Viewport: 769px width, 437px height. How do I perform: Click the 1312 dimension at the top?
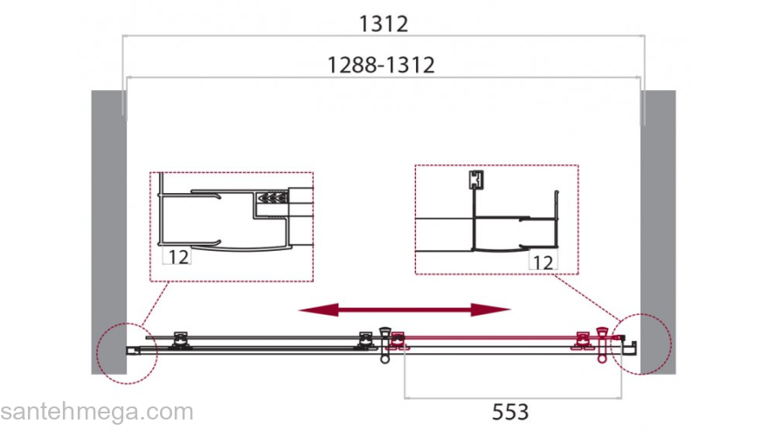tap(384, 24)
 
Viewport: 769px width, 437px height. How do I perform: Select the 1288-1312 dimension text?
tap(381, 66)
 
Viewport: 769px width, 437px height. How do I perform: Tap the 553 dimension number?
tap(510, 412)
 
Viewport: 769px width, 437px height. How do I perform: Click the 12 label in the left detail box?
tap(178, 256)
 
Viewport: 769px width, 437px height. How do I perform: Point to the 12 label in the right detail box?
tap(543, 262)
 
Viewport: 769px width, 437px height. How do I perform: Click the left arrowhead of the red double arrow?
tap(318, 309)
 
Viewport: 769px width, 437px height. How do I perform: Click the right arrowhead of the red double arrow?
tap(490, 309)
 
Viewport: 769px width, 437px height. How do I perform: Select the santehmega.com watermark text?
tap(97, 412)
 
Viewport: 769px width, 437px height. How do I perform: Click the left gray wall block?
tap(109, 232)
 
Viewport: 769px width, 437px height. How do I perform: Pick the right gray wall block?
tap(658, 232)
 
